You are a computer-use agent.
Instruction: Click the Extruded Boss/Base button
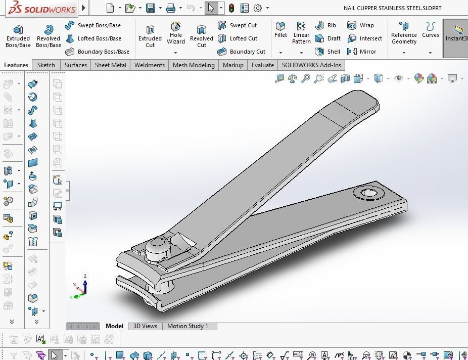click(x=18, y=36)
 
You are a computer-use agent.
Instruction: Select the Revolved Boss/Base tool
click(x=49, y=36)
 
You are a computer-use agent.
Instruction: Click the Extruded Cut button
click(x=150, y=36)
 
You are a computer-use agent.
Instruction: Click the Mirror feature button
click(x=362, y=52)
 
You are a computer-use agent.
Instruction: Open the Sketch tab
click(x=46, y=65)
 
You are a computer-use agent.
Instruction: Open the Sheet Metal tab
click(x=111, y=65)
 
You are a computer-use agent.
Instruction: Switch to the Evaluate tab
click(x=263, y=65)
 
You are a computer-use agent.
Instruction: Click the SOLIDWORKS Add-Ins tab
click(x=311, y=65)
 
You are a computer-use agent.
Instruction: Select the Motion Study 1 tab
click(x=188, y=326)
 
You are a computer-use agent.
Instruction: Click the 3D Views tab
click(x=145, y=326)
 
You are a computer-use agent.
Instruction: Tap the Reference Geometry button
click(x=404, y=33)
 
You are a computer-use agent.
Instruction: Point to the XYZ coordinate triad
click(x=82, y=288)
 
